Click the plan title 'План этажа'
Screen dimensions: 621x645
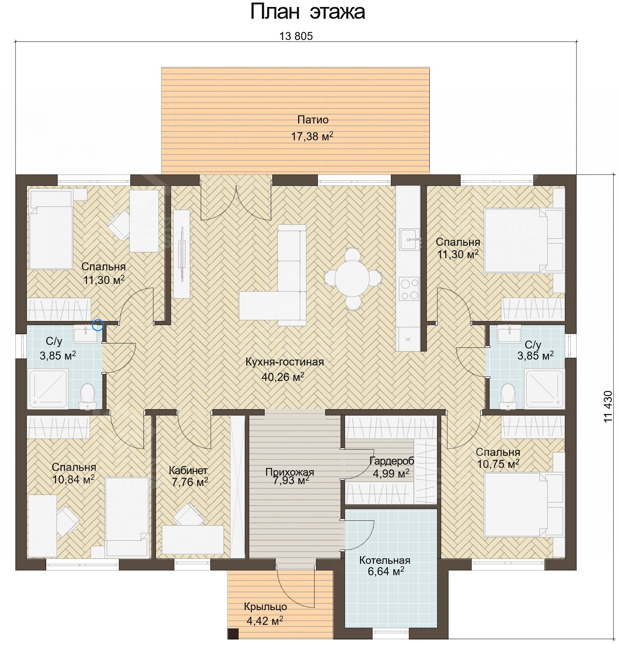click(x=308, y=12)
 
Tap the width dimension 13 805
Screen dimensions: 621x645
click(x=296, y=36)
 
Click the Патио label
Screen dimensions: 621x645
click(x=313, y=120)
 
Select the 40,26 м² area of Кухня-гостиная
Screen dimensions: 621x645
click(x=283, y=377)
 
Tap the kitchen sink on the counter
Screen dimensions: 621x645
click(x=409, y=239)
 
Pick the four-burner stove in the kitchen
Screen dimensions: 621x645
click(x=409, y=289)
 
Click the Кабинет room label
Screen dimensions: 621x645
click(x=188, y=471)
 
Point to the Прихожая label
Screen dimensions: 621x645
click(x=290, y=472)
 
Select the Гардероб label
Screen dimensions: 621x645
click(x=392, y=461)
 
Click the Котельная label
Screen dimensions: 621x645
click(x=385, y=561)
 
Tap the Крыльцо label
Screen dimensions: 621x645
click(x=265, y=607)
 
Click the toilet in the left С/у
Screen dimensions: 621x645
click(x=87, y=396)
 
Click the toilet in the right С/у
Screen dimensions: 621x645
click(x=508, y=396)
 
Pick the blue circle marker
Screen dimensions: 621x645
click(x=98, y=325)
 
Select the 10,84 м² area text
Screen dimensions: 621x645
click(x=73, y=479)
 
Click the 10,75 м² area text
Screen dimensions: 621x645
click(x=498, y=464)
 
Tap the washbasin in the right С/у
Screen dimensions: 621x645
click(x=509, y=334)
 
